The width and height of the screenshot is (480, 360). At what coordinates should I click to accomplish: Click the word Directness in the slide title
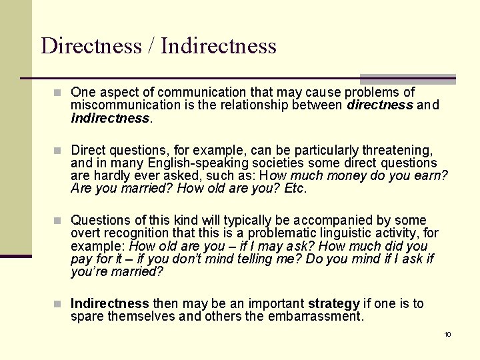(91, 46)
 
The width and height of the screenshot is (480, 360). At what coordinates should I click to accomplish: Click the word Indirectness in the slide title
(219, 46)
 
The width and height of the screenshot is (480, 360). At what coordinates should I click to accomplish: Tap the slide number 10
(447, 334)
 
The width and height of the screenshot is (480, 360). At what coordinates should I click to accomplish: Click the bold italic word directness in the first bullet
(379, 105)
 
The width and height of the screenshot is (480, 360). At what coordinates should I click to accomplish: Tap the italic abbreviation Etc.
(295, 189)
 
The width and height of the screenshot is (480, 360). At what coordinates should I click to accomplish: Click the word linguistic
(329, 233)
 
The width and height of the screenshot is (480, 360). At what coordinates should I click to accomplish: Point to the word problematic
(263, 233)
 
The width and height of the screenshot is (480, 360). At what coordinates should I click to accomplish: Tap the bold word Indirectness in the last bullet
(110, 303)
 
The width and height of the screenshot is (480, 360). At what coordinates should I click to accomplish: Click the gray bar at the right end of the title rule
(407, 79)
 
